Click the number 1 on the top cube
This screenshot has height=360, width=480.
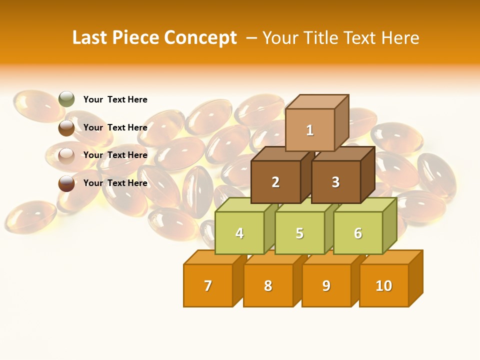tap(310, 130)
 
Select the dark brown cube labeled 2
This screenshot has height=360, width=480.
tap(275, 182)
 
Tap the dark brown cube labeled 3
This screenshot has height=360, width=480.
tap(335, 182)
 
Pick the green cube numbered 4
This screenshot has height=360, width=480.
tap(239, 233)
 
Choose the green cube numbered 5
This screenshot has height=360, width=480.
tap(299, 233)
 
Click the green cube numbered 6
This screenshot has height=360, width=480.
tap(358, 233)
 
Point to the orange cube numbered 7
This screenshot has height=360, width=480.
tap(208, 286)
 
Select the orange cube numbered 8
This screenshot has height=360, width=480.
tap(268, 286)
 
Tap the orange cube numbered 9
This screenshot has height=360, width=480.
tap(326, 286)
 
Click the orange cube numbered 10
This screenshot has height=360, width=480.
tap(383, 286)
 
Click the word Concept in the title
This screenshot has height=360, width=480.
tap(200, 38)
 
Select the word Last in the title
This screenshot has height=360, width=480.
tap(90, 38)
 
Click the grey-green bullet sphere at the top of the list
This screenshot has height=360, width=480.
tap(66, 99)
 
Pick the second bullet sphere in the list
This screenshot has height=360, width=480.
tap(66, 127)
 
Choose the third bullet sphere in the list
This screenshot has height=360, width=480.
tap(66, 155)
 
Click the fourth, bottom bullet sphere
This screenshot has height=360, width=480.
tap(66, 183)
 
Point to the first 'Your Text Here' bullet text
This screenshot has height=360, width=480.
tap(115, 99)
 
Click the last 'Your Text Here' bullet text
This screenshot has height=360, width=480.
tap(115, 183)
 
